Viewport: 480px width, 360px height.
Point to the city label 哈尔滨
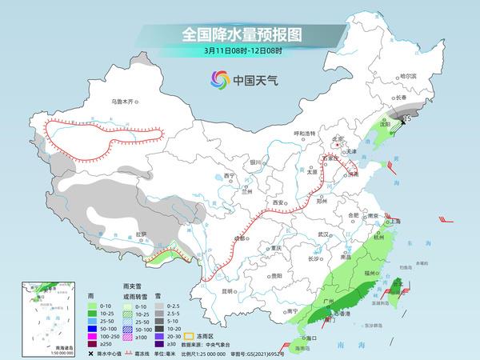[x=409, y=75]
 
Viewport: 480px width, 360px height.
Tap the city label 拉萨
[x=142, y=234]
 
